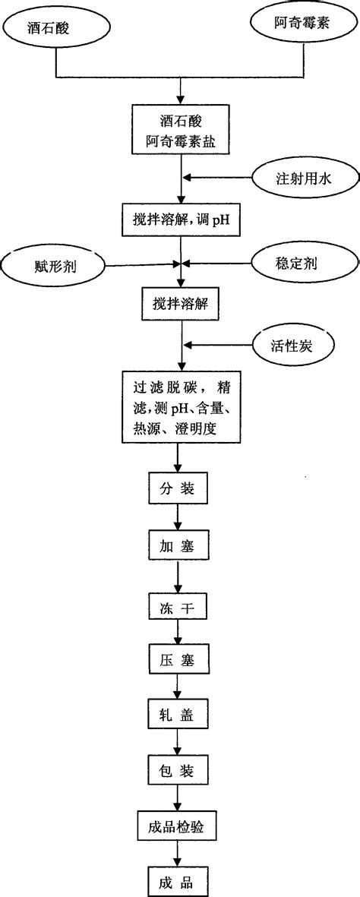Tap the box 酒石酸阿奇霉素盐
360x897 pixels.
179,132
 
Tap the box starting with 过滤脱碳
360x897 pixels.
179,407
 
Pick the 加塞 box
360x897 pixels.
177,545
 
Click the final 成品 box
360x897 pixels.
177,882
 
